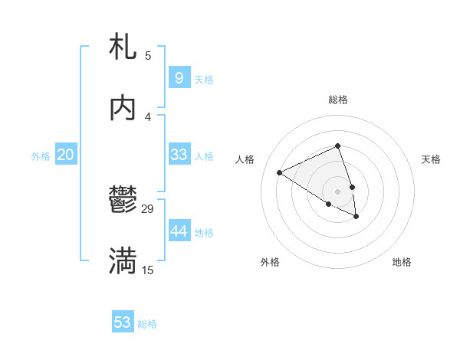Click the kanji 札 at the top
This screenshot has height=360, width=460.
123,47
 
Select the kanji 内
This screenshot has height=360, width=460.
123,108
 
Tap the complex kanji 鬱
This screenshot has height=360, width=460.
123,201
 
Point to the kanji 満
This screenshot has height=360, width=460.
123,261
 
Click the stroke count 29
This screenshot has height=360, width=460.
148,208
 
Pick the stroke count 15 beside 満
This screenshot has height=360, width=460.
148,270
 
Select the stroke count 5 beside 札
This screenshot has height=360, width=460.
148,55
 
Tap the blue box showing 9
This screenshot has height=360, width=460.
179,77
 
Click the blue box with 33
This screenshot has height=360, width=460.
179,155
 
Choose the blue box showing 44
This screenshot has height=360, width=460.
179,231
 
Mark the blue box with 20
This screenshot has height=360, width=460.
65,155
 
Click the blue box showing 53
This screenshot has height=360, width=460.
123,322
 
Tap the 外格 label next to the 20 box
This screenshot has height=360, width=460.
41,156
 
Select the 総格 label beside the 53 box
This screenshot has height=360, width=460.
147,324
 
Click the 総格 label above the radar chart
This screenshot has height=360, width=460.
338,100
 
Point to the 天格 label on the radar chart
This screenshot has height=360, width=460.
431,159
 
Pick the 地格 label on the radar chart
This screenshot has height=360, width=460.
402,262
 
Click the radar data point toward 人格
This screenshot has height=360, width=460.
280,172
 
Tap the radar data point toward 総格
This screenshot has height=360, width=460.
338,146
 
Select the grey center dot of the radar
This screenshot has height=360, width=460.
338,191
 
